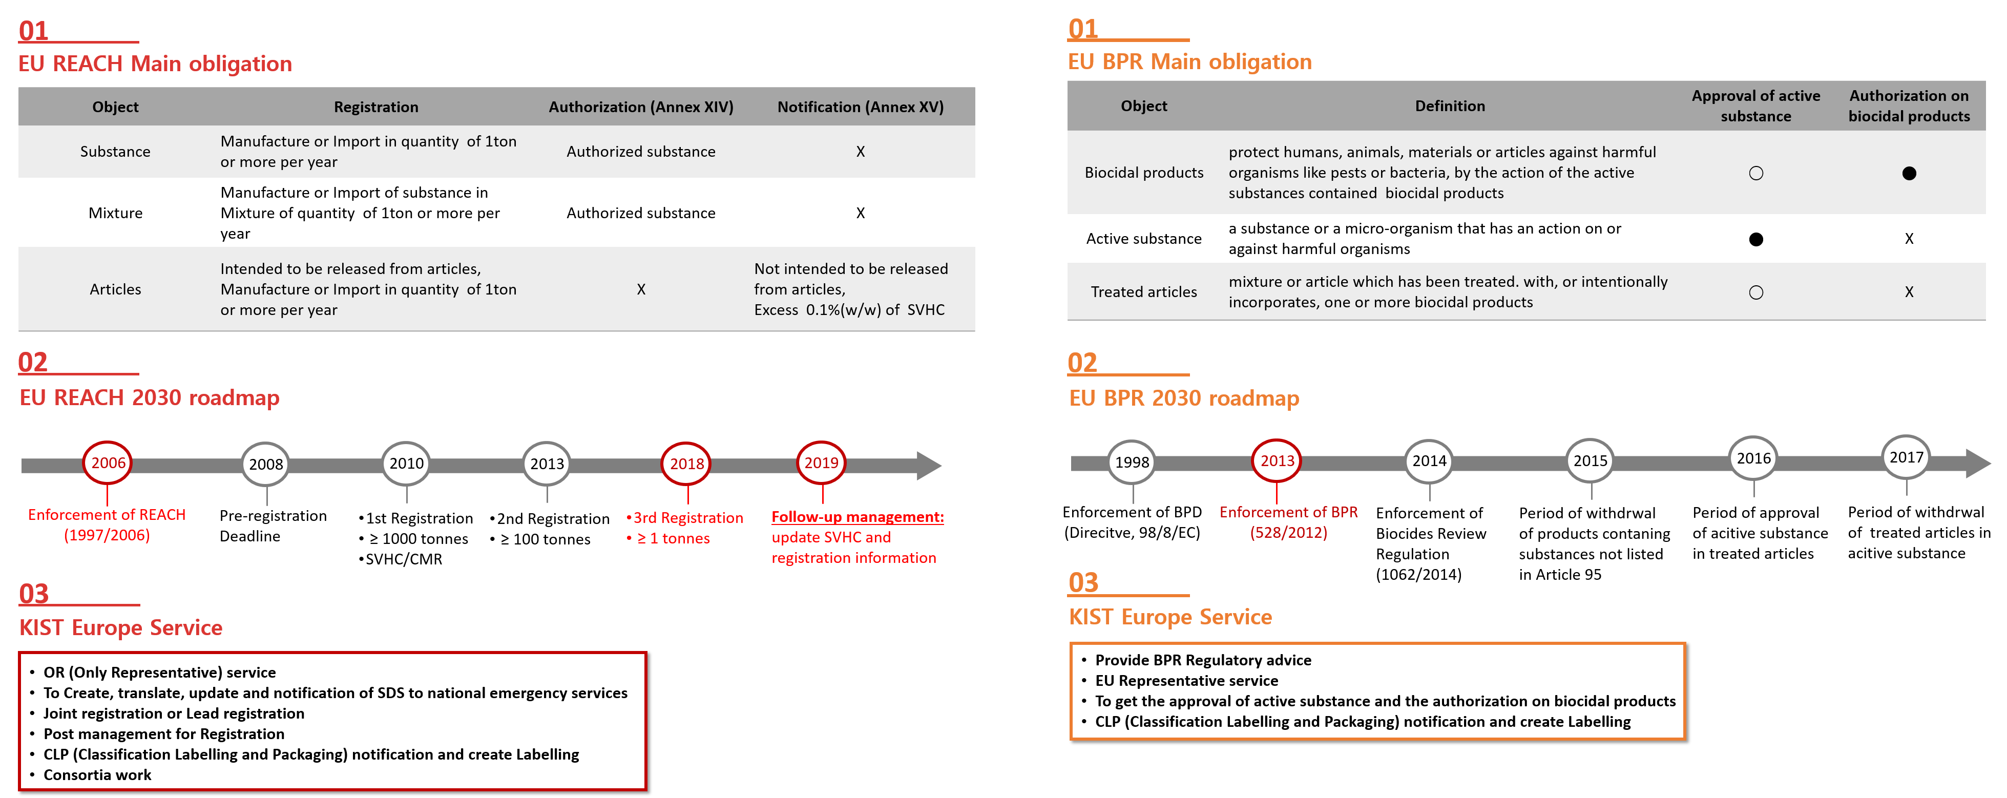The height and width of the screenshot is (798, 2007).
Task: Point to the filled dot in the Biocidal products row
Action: [1908, 173]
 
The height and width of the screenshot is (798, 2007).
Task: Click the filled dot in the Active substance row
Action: [1755, 239]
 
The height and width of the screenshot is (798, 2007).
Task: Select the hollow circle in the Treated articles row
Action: [1755, 292]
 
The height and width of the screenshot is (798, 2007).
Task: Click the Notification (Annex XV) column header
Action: [860, 107]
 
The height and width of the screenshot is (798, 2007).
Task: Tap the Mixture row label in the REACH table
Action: [115, 213]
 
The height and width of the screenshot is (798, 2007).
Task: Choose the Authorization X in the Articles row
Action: [641, 289]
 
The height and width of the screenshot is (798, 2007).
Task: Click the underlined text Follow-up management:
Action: [857, 517]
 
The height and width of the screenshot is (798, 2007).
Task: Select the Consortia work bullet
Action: [97, 774]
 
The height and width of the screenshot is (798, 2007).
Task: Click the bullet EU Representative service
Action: [1186, 680]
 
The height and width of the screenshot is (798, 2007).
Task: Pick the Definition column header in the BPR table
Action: [1450, 106]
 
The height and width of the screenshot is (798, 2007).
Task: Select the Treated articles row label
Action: [1144, 291]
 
